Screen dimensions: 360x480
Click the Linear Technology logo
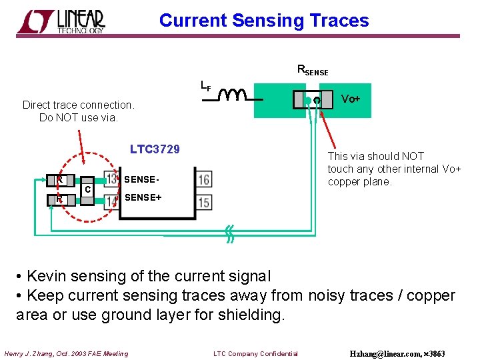coord(61,21)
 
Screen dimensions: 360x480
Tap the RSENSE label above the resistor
coord(312,70)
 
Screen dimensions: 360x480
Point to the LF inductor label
coord(206,85)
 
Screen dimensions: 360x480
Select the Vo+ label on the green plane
coord(351,99)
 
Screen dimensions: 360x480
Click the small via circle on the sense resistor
coord(317,101)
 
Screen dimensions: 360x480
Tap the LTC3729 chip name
coord(155,149)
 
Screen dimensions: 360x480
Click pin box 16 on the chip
coord(203,179)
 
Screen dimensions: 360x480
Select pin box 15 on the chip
coord(203,201)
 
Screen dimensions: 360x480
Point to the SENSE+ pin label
coord(143,197)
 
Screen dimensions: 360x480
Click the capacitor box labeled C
coord(87,189)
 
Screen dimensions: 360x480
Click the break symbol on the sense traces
coord(229,234)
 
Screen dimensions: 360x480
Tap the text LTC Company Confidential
coord(255,353)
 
